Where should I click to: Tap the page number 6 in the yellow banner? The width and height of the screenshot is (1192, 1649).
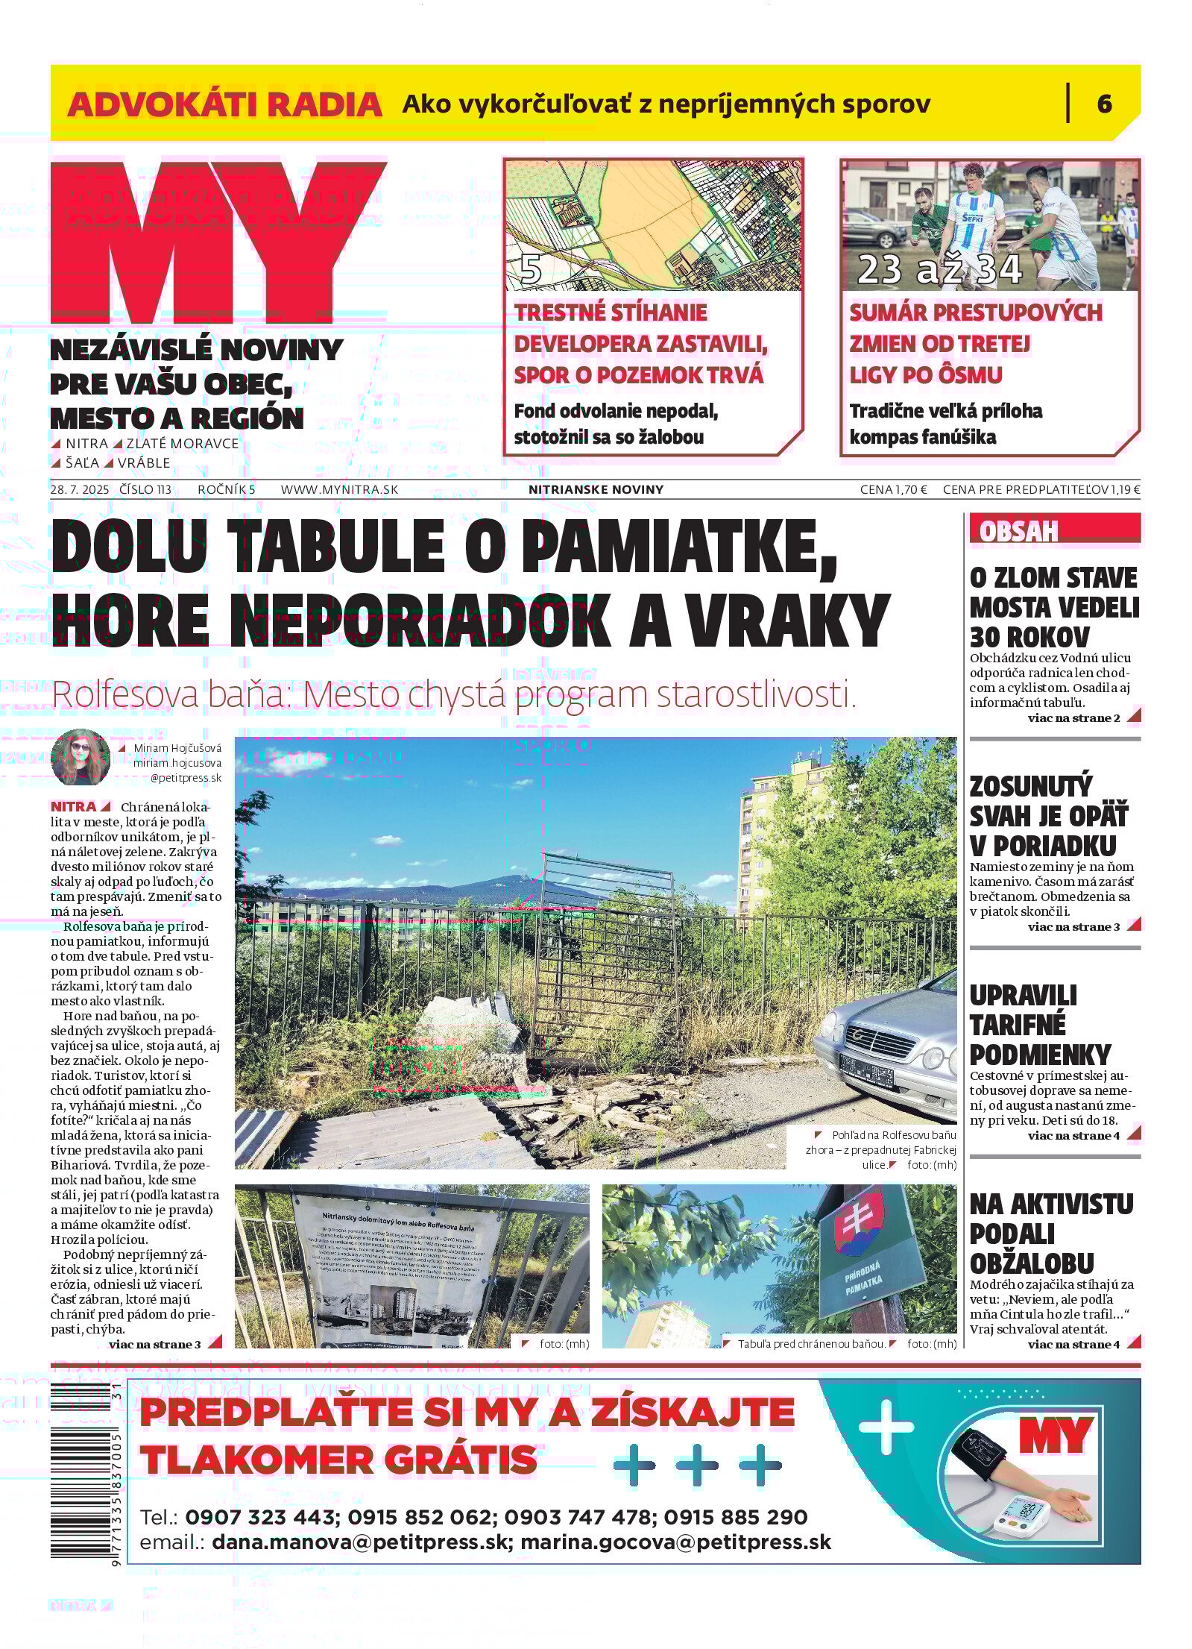coord(1104,103)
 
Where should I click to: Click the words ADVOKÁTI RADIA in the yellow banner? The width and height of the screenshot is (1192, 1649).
coord(224,104)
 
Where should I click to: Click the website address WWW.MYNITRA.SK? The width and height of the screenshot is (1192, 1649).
coord(339,489)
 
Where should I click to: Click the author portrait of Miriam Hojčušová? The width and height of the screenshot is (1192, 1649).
coord(80,758)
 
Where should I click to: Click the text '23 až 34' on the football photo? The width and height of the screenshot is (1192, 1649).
coord(939,269)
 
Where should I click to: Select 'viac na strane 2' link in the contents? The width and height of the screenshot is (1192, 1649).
coord(1073,718)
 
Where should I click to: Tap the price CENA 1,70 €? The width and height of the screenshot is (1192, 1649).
coord(893,489)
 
